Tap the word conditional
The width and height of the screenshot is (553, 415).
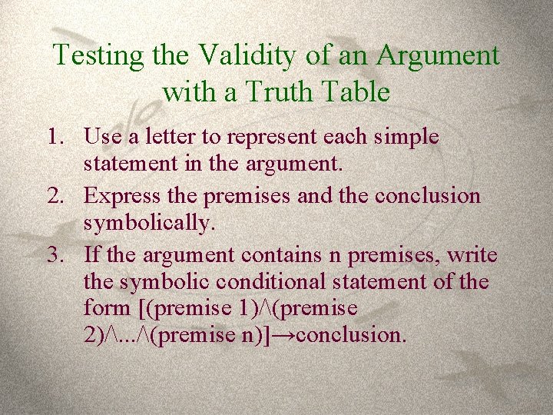tap(247, 282)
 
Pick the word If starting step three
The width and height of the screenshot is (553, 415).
tap(92, 254)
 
